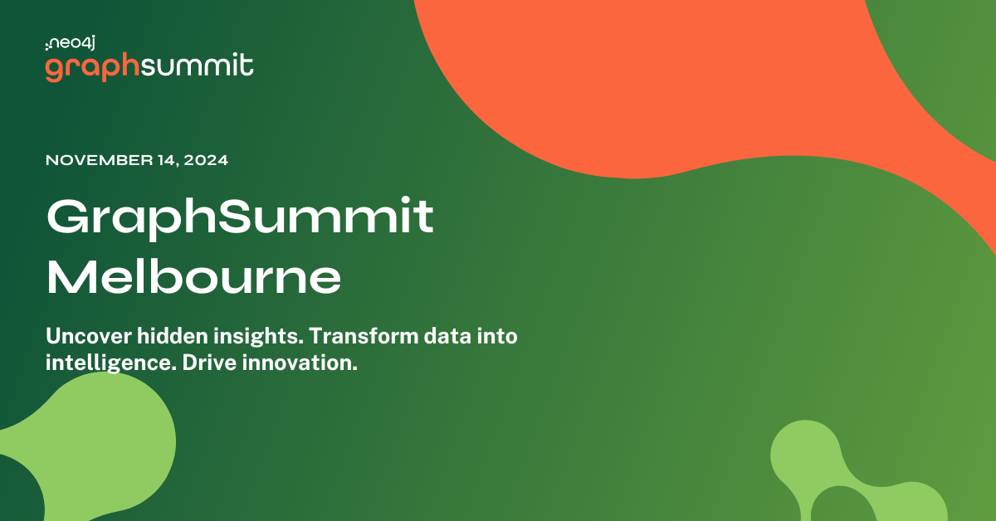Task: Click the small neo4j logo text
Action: click(x=72, y=43)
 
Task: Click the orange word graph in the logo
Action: click(x=91, y=68)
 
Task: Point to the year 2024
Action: click(x=205, y=160)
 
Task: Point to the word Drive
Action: click(x=198, y=363)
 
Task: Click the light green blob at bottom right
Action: click(x=863, y=481)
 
